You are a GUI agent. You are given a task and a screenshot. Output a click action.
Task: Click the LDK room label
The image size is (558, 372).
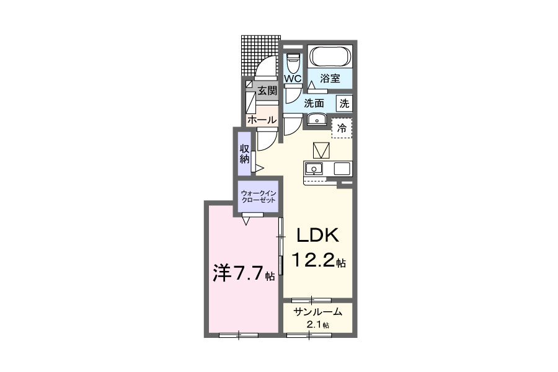click(x=317, y=236)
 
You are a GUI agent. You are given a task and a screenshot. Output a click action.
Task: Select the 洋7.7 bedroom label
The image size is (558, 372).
click(x=244, y=273)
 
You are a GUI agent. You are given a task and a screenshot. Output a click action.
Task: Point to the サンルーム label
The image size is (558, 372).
click(x=318, y=312)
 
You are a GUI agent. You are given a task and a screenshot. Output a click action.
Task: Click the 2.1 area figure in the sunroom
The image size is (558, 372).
click(x=318, y=325)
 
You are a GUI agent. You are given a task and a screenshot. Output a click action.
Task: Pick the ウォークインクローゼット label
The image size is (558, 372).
click(x=258, y=197)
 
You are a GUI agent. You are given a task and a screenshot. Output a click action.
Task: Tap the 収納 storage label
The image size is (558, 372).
click(x=244, y=154)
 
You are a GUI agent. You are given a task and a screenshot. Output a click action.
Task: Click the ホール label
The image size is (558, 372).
click(x=262, y=120)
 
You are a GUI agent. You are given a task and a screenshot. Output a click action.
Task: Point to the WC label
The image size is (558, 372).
click(x=293, y=78)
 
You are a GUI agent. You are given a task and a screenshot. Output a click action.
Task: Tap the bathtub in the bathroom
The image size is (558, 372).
click(x=330, y=56)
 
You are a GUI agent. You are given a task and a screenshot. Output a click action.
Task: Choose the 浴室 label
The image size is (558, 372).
click(x=330, y=78)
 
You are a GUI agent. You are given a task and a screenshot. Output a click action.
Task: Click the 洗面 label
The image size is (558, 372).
click(x=314, y=104)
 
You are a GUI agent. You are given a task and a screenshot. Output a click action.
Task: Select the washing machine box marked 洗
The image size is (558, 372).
click(x=344, y=104)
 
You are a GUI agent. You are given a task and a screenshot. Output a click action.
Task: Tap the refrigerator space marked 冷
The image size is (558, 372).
click(x=342, y=128)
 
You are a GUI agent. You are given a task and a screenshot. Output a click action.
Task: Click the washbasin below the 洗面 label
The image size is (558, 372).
click(x=316, y=119)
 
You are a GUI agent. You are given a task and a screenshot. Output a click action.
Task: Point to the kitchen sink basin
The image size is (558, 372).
click(x=314, y=169)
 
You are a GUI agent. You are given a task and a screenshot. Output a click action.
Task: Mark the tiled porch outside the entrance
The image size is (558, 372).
click(x=260, y=56)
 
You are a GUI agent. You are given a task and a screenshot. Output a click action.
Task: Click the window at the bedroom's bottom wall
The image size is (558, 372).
click(x=239, y=335)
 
